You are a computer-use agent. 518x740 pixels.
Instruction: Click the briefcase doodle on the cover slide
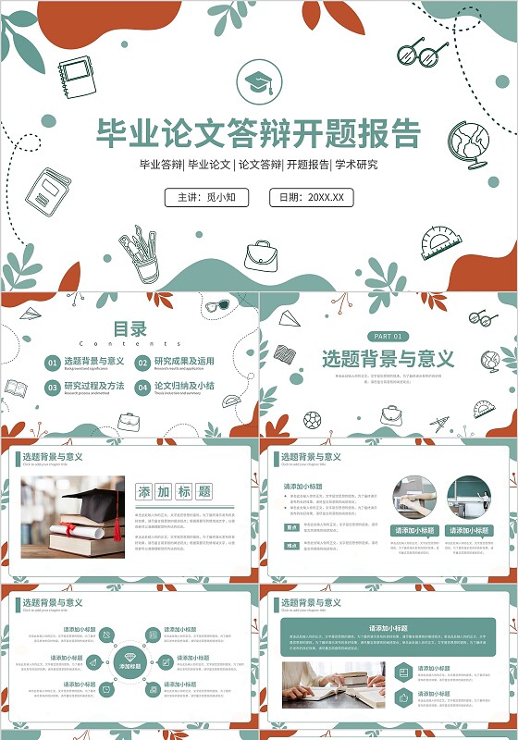[261, 255]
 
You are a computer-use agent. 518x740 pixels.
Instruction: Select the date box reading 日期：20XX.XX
[311, 197]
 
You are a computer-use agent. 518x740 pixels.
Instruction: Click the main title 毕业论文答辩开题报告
[259, 134]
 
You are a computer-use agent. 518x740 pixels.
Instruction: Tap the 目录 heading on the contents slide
[129, 328]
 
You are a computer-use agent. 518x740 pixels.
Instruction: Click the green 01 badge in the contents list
[53, 363]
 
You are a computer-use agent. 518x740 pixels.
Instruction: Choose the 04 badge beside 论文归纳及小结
[142, 388]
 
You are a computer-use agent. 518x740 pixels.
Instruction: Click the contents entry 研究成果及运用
[184, 362]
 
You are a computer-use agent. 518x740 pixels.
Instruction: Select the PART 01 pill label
[387, 336]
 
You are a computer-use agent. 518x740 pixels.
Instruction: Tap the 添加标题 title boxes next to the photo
[174, 491]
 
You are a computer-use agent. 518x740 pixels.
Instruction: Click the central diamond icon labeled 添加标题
[129, 661]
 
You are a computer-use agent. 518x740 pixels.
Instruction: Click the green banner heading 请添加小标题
[388, 628]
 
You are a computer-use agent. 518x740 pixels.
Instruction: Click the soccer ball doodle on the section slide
[312, 420]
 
